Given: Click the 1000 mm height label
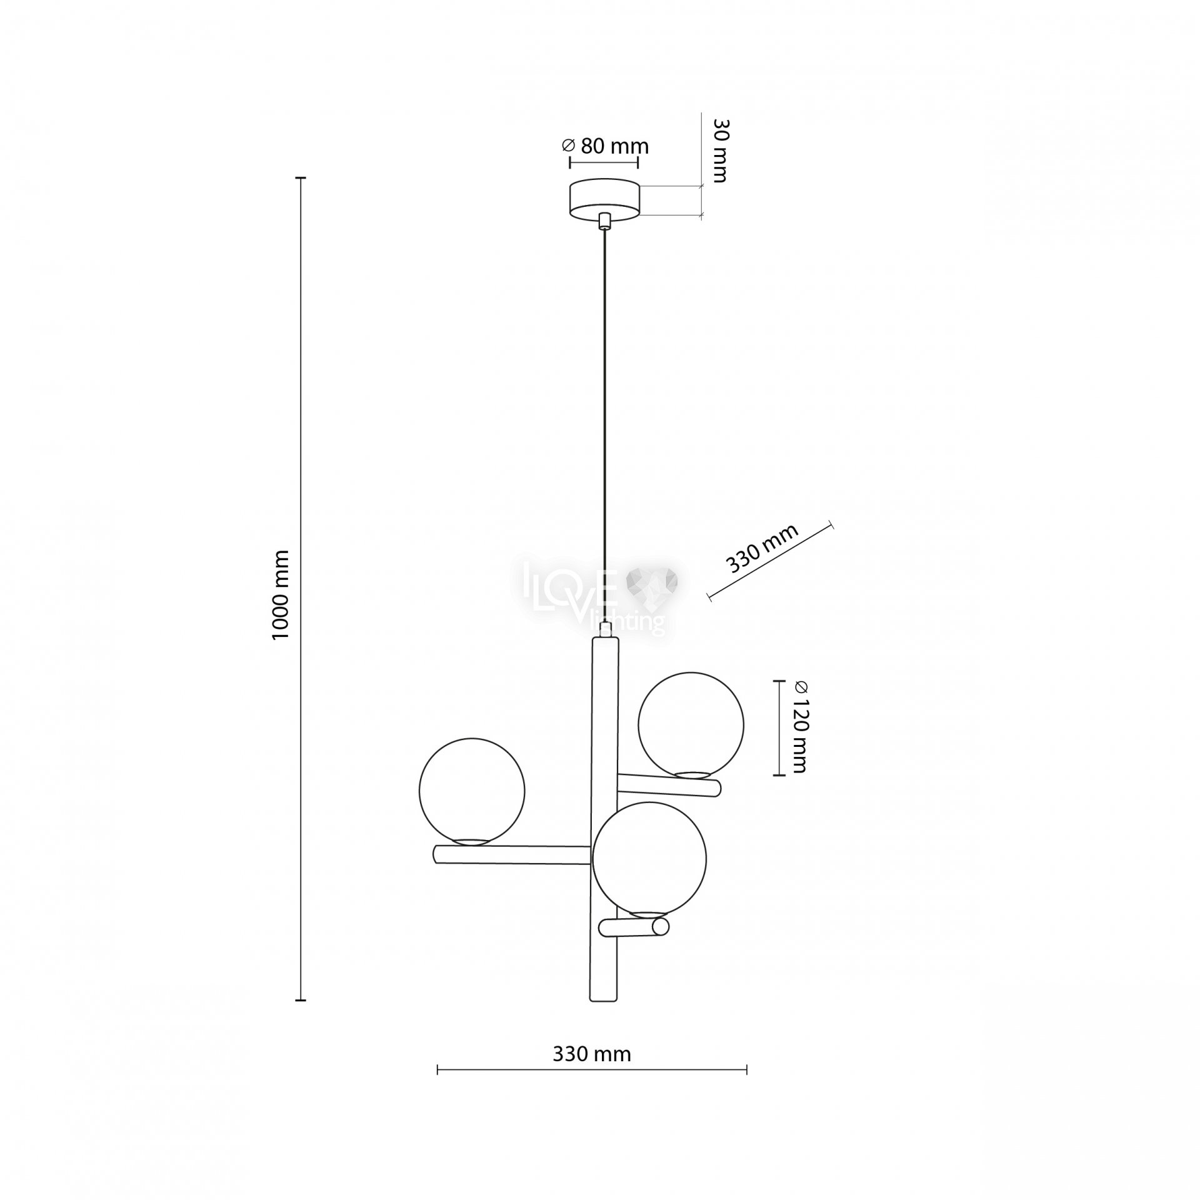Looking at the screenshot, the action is (281, 594).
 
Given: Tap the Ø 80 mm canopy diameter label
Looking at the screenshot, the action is (605, 146).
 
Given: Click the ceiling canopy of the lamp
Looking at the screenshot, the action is (604, 200).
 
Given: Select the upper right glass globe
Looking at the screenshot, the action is (691, 724).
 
